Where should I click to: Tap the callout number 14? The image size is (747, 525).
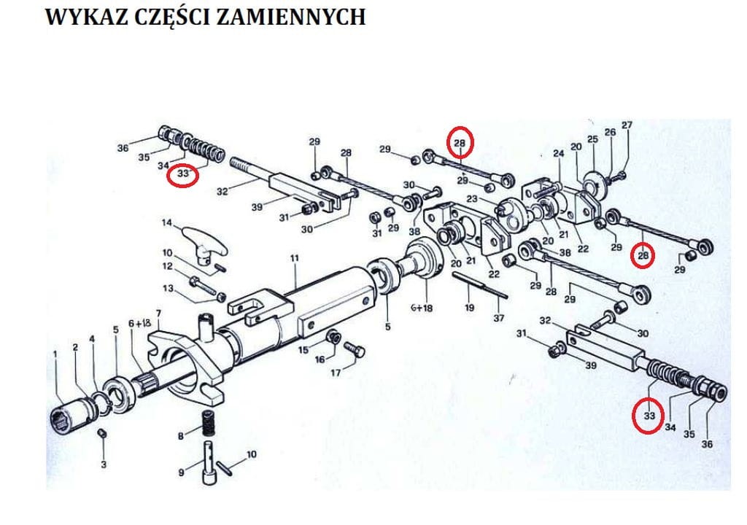pos(166,222)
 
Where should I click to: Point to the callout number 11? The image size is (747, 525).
pos(295,258)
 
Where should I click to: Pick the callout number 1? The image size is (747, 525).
pos(55,354)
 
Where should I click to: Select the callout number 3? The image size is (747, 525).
pos(103,464)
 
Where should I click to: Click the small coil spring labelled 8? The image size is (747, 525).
pos(206,426)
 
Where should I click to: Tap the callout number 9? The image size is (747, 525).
pos(181,472)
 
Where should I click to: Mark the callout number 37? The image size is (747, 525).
pos(498,317)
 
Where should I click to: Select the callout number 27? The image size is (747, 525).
pos(627,125)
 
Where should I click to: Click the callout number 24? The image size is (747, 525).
pos(558,154)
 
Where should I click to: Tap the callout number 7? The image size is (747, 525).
pos(158,314)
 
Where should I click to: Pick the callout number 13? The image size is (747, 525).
pos(169,289)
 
